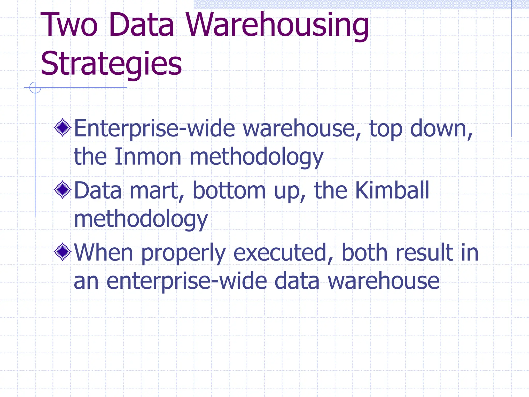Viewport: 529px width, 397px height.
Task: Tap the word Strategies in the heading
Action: tap(111, 64)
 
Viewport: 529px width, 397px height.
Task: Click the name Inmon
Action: tap(148, 157)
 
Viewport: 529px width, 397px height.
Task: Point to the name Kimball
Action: tap(392, 190)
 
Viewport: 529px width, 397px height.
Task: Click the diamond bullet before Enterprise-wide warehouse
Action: tap(63, 127)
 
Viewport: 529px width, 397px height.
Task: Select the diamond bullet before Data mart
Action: tap(63, 190)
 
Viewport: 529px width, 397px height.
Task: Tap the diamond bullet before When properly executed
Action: tap(63, 252)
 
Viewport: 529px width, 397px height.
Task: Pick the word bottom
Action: tap(229, 190)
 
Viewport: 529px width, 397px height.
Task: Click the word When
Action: tap(103, 252)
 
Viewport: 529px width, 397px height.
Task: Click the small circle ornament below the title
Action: tap(35, 88)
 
